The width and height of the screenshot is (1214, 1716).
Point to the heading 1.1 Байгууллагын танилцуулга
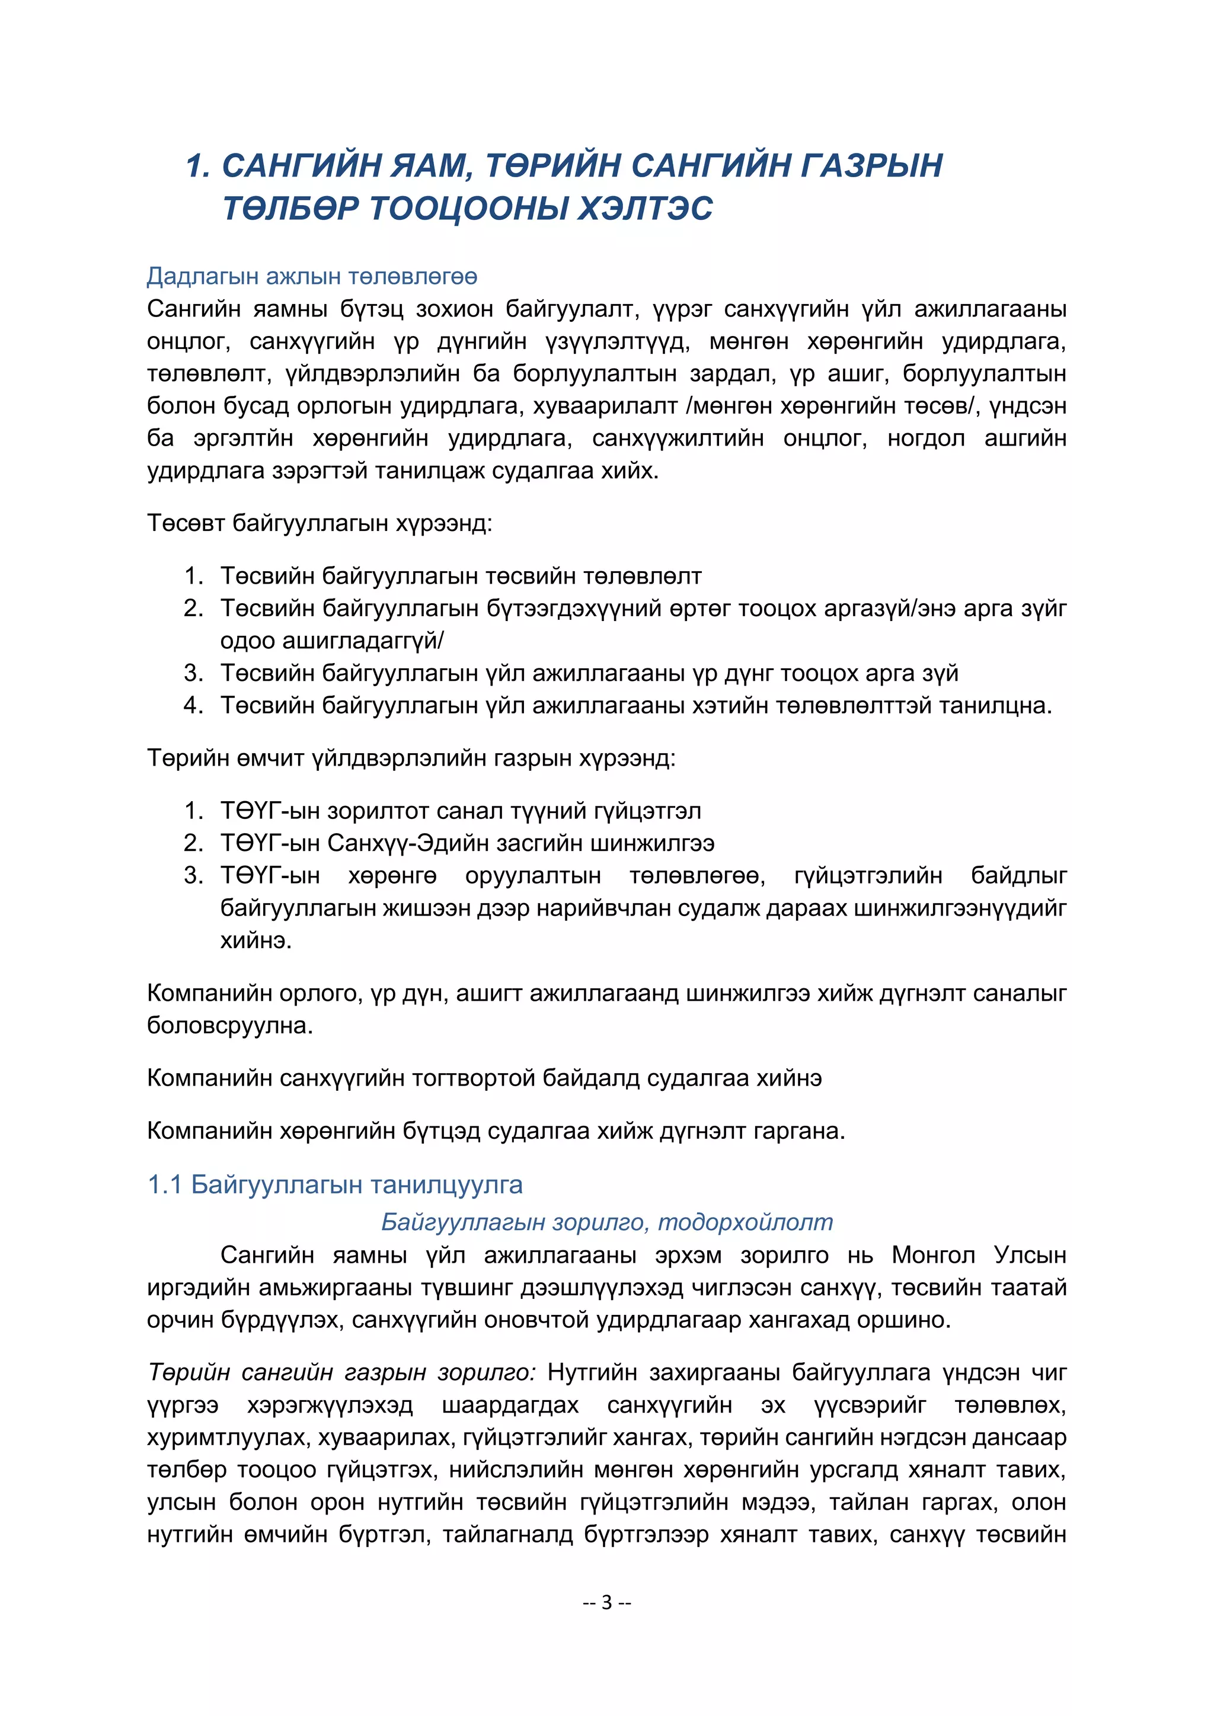pos(335,1184)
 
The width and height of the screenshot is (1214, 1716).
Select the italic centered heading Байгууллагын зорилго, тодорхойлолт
pos(606,1222)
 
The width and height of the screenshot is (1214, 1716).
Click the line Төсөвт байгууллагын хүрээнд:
pos(319,523)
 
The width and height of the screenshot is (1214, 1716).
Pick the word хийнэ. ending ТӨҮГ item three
pos(255,940)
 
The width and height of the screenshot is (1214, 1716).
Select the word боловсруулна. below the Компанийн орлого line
pos(229,1026)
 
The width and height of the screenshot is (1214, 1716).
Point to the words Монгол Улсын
pos(979,1255)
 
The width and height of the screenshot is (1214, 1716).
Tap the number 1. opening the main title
pos(197,165)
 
